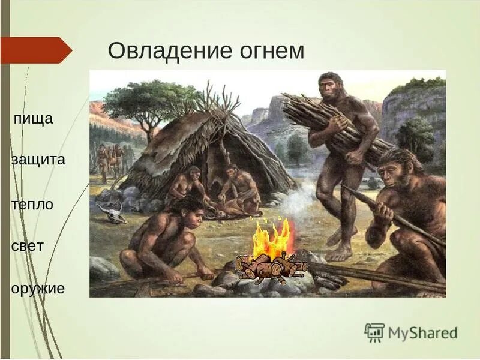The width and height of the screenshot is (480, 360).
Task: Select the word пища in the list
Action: [x=34, y=119]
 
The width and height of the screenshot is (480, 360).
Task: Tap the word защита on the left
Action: [x=38, y=160]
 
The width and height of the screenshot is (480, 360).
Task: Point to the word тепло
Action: [x=32, y=204]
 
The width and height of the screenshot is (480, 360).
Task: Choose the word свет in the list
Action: [x=28, y=247]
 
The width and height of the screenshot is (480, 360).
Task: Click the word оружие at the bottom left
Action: [x=38, y=289]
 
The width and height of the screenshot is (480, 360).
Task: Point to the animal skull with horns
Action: [x=112, y=212]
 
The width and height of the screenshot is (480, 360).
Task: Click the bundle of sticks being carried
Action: [x=336, y=123]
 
